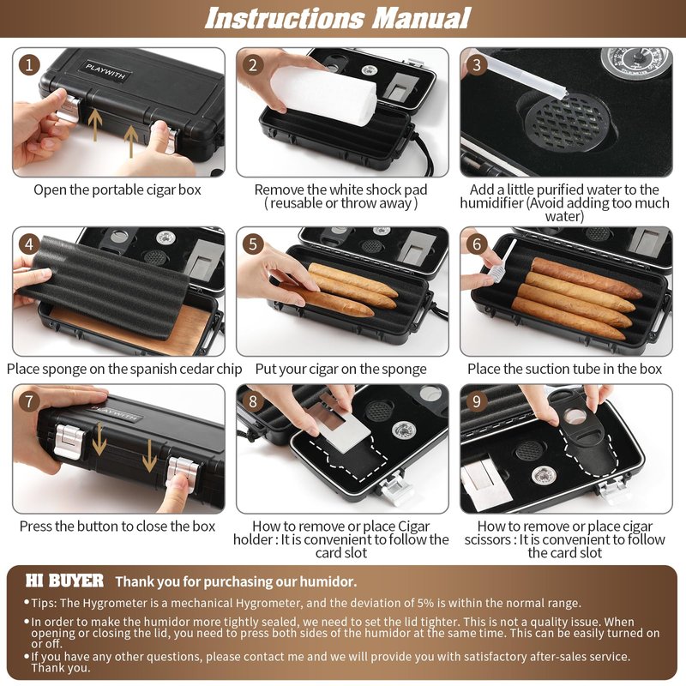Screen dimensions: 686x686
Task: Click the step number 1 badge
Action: pyautogui.click(x=29, y=65)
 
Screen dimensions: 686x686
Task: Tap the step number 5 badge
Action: pyautogui.click(x=253, y=244)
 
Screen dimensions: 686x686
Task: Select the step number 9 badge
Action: pyautogui.click(x=477, y=401)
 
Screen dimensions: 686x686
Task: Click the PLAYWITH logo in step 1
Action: pyautogui.click(x=105, y=71)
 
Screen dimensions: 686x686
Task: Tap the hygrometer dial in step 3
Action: pyautogui.click(x=635, y=63)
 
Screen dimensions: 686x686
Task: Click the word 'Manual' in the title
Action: pyautogui.click(x=421, y=18)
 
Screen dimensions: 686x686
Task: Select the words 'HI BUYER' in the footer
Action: pyautogui.click(x=65, y=581)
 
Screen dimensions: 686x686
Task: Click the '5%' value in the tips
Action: pyautogui.click(x=425, y=603)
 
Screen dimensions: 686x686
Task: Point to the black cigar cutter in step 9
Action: pyautogui.click(x=577, y=433)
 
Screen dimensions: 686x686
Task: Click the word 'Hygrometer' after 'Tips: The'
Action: pyautogui.click(x=116, y=603)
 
